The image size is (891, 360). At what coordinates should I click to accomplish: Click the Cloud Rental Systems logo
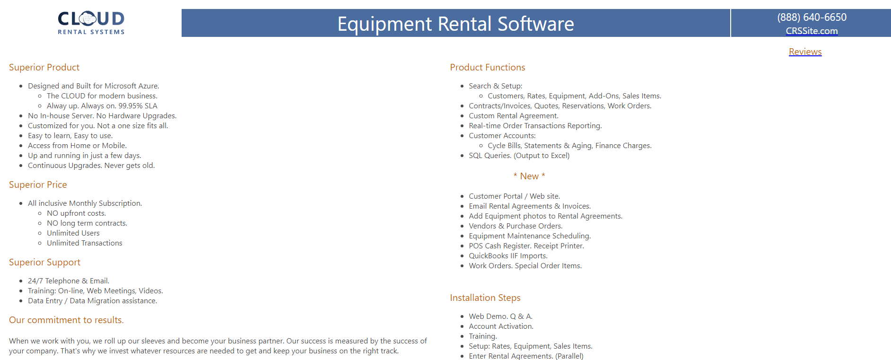[x=91, y=23]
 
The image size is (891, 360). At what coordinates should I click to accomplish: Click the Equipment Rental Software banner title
[x=455, y=24]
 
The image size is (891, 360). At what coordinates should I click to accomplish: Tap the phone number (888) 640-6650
[x=812, y=17]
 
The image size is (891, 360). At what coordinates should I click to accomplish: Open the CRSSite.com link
[x=812, y=31]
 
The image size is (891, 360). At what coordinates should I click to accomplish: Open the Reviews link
[x=805, y=52]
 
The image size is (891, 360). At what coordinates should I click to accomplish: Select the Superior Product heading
[x=44, y=67]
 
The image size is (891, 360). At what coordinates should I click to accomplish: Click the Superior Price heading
[x=38, y=184]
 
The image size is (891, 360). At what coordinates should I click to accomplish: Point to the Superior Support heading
[x=44, y=262]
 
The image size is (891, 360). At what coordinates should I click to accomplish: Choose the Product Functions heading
[x=487, y=67]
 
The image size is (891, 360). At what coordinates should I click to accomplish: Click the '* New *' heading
[x=529, y=176]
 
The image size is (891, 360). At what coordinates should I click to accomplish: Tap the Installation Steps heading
[x=485, y=298]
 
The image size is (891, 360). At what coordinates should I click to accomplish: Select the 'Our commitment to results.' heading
[x=66, y=320]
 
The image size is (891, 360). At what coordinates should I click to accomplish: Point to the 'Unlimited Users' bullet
[x=73, y=233]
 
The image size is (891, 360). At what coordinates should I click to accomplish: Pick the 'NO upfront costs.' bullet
[x=76, y=213]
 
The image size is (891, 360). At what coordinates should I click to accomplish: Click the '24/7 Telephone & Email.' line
[x=69, y=281]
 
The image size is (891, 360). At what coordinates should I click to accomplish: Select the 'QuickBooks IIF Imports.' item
[x=508, y=255]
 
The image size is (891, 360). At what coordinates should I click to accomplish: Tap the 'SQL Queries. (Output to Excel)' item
[x=519, y=155]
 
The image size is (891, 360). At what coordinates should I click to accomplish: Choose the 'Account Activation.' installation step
[x=501, y=326]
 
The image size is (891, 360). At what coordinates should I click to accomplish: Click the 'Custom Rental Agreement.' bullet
[x=513, y=115]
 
